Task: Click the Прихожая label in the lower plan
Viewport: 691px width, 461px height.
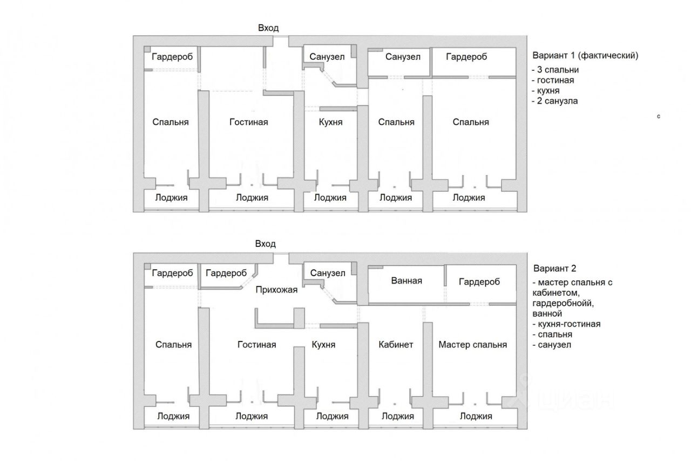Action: point(277,290)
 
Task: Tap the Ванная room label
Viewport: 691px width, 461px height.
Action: point(407,280)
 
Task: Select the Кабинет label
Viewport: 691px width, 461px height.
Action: point(396,344)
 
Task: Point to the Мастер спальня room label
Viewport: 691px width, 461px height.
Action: point(472,344)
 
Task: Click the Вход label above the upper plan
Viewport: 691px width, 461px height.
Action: point(268,28)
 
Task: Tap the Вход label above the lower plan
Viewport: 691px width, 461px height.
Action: point(266,244)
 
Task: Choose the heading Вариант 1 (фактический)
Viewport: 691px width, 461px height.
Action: point(585,56)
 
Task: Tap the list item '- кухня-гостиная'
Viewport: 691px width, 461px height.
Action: point(566,324)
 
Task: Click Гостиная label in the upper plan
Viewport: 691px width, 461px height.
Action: point(248,122)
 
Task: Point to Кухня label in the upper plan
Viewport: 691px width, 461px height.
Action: point(330,122)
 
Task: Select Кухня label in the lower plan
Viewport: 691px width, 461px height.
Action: point(323,344)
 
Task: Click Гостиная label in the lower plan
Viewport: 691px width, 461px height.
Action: point(256,344)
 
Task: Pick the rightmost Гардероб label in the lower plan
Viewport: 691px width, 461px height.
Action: point(479,282)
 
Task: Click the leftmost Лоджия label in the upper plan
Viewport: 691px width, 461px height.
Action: point(171,197)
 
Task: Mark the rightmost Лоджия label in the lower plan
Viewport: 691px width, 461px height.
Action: point(476,416)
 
